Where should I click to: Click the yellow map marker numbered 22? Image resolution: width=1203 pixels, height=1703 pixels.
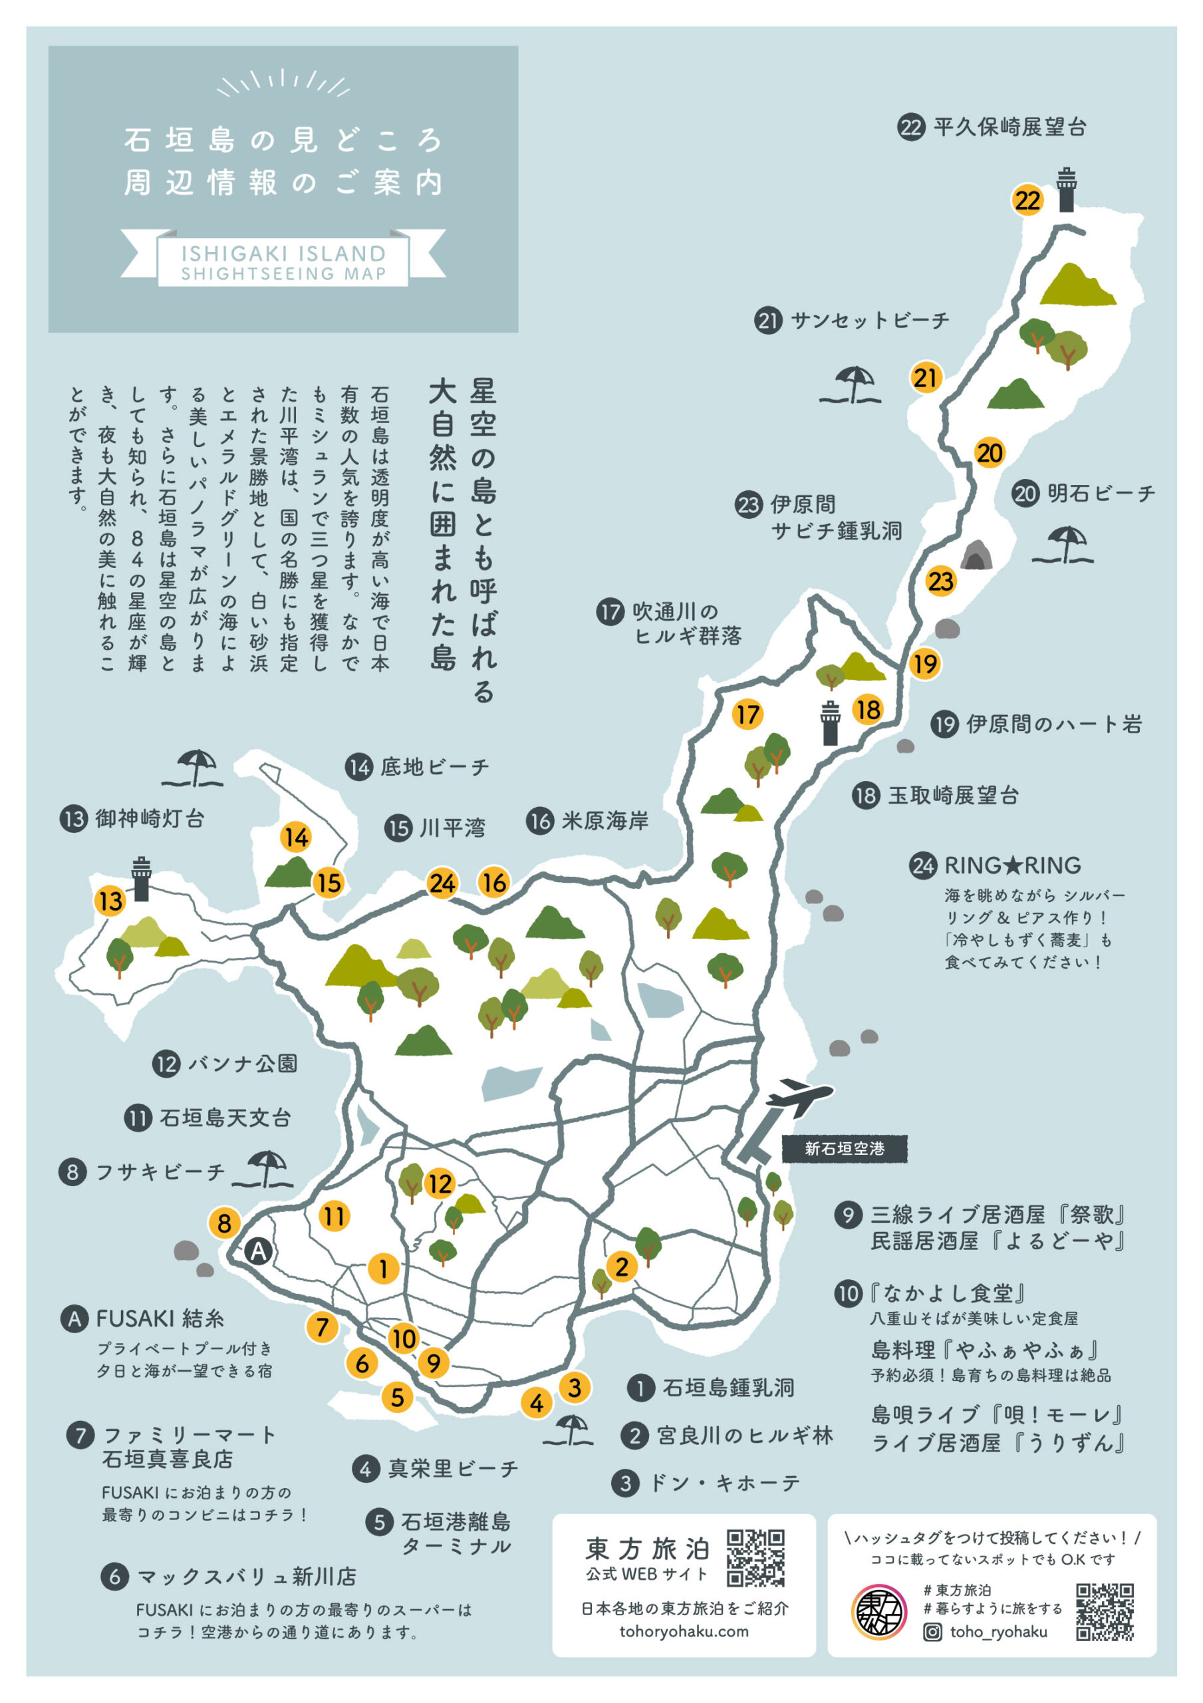pos(1027,200)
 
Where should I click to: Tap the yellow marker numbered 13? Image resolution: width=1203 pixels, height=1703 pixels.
pos(110,901)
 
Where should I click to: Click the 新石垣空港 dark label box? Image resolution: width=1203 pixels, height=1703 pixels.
pos(844,1149)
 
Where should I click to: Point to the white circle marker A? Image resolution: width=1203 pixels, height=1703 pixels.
pos(257,1251)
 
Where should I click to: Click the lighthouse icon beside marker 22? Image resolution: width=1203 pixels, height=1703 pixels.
pos(1067,190)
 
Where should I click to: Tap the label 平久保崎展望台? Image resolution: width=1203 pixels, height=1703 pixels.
pos(1009,128)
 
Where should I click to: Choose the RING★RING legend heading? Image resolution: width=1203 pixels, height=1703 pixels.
pos(1011,865)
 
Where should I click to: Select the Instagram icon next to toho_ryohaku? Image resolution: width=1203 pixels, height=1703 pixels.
pos(932,1632)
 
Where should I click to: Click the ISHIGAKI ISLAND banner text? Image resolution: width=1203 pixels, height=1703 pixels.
pos(283,253)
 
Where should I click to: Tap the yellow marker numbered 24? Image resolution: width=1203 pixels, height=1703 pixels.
pos(442,883)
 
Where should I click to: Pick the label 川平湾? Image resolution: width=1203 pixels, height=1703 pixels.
pos(452,828)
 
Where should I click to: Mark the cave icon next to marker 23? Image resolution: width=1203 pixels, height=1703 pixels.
pos(977,555)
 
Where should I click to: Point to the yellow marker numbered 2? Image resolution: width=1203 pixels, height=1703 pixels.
pos(622,1266)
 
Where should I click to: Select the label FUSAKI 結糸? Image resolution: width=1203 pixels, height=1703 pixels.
pos(160,1318)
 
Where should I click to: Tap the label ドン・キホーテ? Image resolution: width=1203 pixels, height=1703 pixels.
pos(724,1483)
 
